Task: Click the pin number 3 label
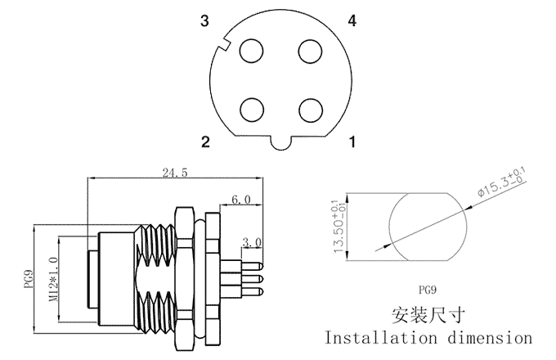205,21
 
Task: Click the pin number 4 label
352,21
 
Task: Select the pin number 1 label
352,143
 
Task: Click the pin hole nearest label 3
251,52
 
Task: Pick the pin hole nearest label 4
309,52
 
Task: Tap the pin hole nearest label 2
251,109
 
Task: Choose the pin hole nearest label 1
309,109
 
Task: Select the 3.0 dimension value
252,242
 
